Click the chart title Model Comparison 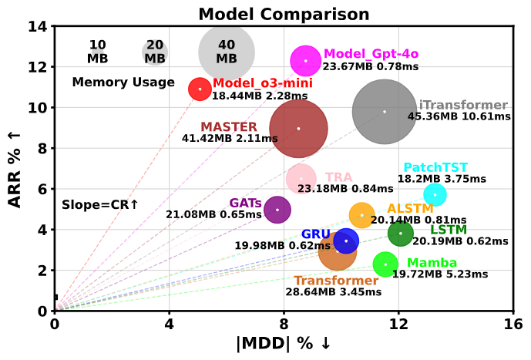click(x=284, y=14)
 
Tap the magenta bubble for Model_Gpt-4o click(x=306, y=60)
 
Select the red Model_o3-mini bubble click(x=200, y=89)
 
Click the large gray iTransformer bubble click(x=385, y=112)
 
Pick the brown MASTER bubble click(x=298, y=129)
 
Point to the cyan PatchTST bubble click(x=435, y=194)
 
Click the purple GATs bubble click(x=277, y=209)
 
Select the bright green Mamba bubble click(x=385, y=264)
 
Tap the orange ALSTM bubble click(x=361, y=215)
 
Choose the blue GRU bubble click(x=346, y=241)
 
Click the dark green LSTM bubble click(x=400, y=233)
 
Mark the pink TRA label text click(x=338, y=178)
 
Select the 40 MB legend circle click(x=227, y=52)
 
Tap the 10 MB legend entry click(x=97, y=52)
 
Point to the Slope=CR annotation click(x=100, y=205)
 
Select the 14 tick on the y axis click(x=39, y=27)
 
